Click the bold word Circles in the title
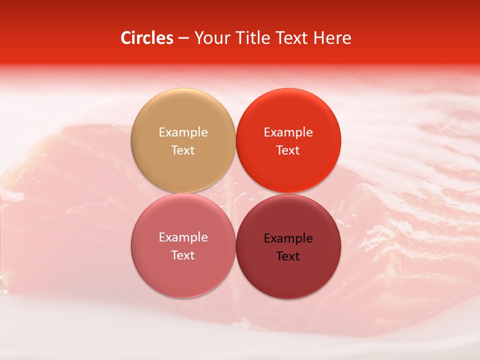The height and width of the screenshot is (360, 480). click(x=146, y=38)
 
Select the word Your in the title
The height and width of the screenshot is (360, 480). click(x=211, y=38)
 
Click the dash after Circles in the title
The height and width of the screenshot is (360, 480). click(x=183, y=38)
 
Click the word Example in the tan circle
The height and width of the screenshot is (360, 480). click(x=183, y=132)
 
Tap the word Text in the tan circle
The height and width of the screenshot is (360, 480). click(x=183, y=150)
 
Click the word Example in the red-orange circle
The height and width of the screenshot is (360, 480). click(x=288, y=132)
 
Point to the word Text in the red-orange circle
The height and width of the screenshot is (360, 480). click(x=288, y=150)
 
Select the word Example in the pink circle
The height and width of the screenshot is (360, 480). click(x=183, y=237)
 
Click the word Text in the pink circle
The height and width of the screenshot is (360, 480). click(x=183, y=255)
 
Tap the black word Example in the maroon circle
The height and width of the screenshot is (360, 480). click(x=288, y=238)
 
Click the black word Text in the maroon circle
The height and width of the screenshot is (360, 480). click(x=288, y=256)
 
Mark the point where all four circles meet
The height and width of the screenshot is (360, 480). click(x=235, y=193)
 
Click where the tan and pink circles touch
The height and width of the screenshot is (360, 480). click(x=183, y=193)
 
